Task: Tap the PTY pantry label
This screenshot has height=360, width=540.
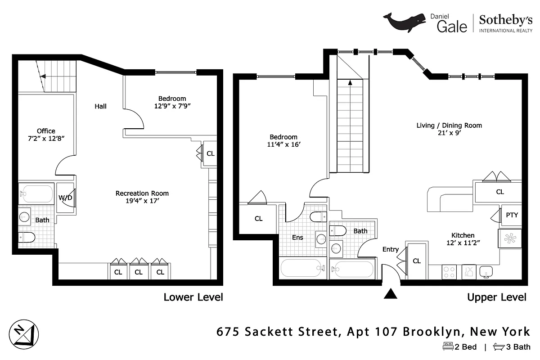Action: click(512, 215)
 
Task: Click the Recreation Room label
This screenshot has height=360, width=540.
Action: click(142, 193)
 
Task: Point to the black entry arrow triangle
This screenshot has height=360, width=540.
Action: click(391, 293)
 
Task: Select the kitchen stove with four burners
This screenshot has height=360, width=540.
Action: click(449, 271)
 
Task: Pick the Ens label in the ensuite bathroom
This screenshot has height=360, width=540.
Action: click(297, 238)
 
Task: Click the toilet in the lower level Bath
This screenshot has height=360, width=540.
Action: click(27, 237)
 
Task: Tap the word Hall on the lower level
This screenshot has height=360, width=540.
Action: click(100, 107)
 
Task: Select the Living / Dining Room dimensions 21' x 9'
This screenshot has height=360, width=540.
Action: click(449, 133)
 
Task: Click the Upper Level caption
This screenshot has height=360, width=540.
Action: click(496, 297)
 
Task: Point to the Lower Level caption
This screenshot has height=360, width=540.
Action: click(193, 297)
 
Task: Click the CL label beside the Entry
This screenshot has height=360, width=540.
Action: click(417, 261)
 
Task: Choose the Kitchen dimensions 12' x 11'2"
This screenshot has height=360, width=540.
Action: click(463, 243)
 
